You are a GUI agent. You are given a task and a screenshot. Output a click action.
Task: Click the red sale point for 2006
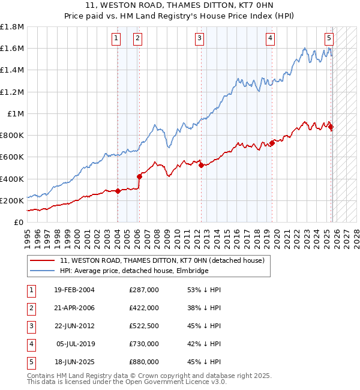coord(139,176)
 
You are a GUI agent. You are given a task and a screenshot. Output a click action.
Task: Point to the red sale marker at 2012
coord(201,166)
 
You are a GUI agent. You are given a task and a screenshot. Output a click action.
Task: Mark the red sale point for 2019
coord(272,143)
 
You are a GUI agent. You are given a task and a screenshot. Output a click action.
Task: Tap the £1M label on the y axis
coord(15,113)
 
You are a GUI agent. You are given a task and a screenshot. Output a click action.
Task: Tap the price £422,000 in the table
coord(144,308)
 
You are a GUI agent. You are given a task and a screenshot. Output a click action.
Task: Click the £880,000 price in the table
coord(144,362)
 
